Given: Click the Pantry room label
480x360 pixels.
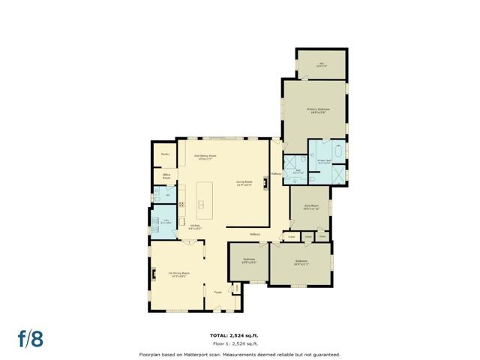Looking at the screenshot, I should (x=165, y=154).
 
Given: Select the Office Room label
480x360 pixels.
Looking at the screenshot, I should (x=166, y=177).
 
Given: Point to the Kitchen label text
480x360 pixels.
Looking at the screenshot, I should (x=193, y=226).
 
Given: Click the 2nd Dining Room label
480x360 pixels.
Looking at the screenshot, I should (x=203, y=157).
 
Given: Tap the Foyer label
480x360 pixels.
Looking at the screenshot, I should (x=217, y=292).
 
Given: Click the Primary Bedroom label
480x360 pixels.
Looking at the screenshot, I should (x=318, y=110).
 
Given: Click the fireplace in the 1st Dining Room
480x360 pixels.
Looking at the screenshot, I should (x=153, y=274).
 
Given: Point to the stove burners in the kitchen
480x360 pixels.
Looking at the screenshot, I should (x=181, y=204).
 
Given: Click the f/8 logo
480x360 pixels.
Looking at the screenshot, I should (x=31, y=338).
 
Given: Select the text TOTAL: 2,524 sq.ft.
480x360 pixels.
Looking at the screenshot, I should (x=239, y=334).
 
